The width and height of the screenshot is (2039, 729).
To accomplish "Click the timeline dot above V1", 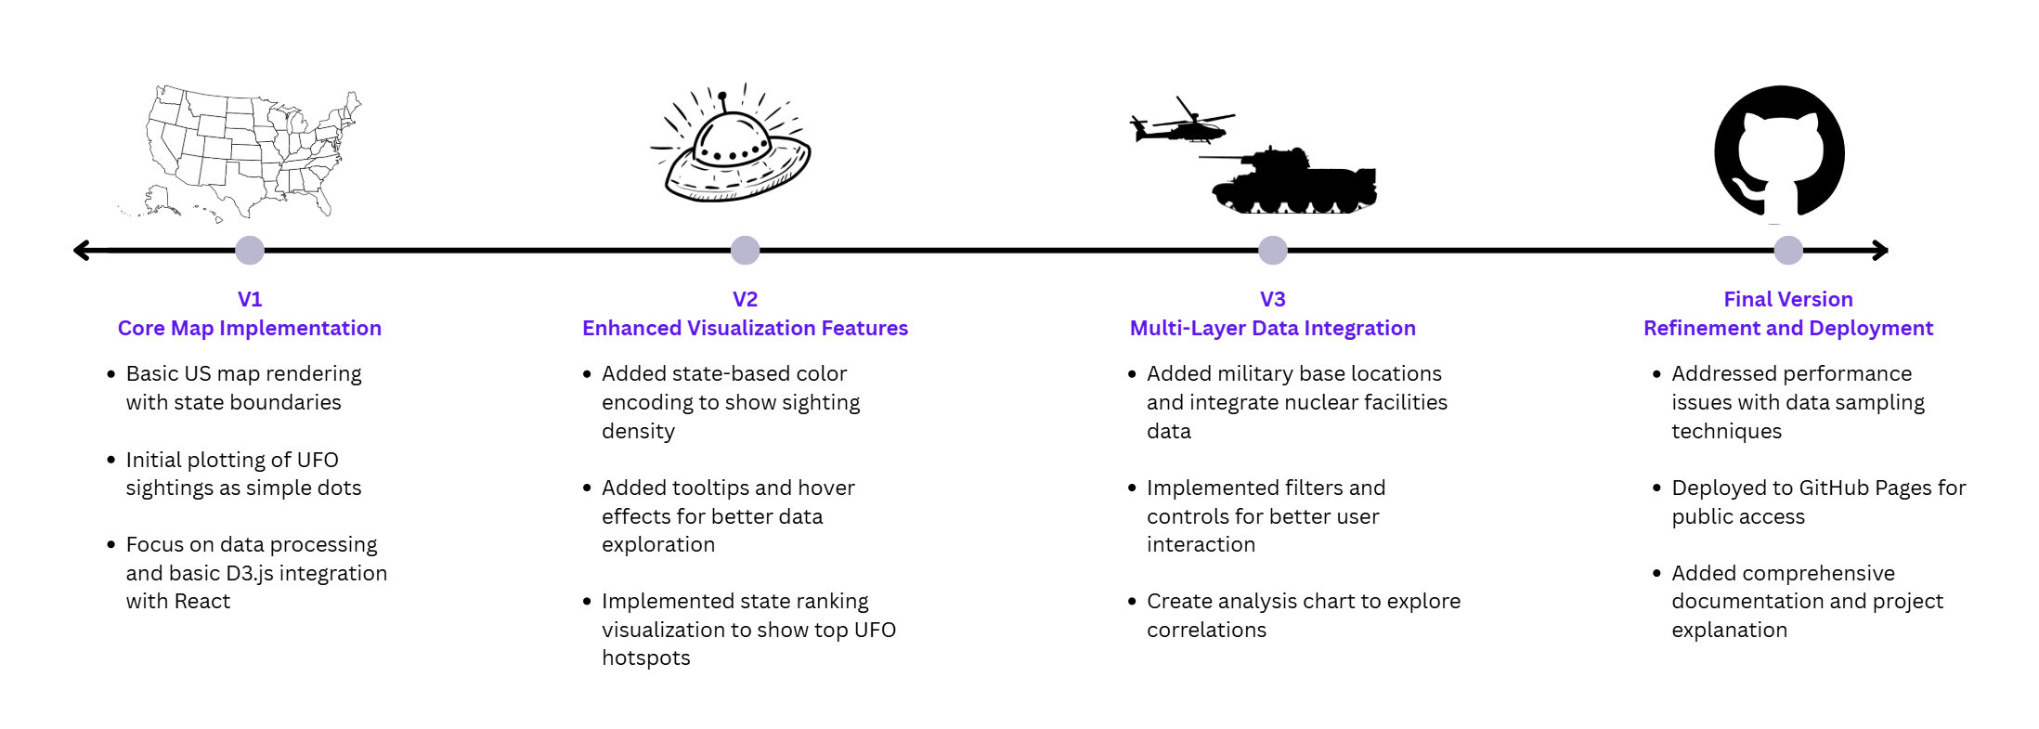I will coord(250,250).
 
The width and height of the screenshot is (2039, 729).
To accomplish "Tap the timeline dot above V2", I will coord(745,250).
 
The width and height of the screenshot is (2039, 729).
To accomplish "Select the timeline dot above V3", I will coord(1272,250).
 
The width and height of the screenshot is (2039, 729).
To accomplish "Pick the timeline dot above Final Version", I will coord(1788,250).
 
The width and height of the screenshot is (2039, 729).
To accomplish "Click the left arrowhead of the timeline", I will coord(82,250).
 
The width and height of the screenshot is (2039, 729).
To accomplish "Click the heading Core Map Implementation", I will coord(250,328).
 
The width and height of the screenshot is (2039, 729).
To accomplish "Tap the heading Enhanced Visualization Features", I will coord(745,328).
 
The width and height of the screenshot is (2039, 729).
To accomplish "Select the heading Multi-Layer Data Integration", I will coord(1272,328).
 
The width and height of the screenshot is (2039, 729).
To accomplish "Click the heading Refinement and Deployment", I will coord(1788,328).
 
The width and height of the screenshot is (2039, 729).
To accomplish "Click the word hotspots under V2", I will coord(646,658).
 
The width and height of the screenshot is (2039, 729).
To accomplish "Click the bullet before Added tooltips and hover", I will coord(587,488).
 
